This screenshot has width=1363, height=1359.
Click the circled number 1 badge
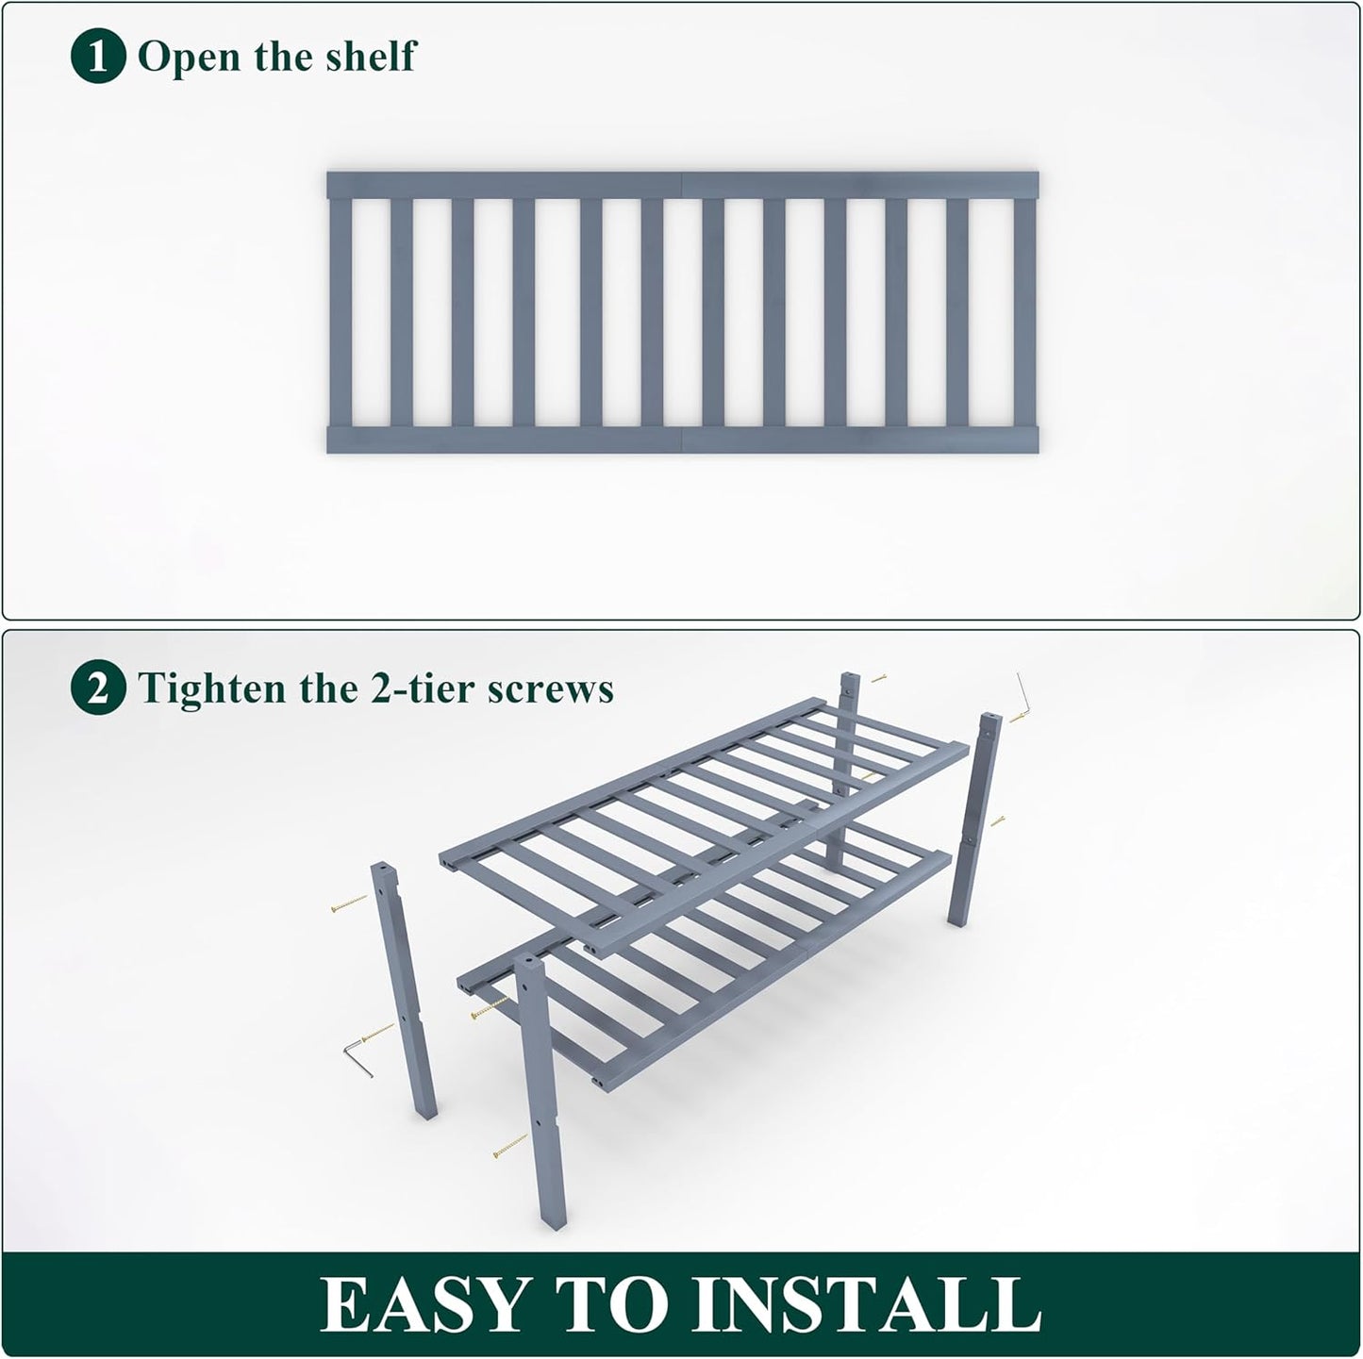97,58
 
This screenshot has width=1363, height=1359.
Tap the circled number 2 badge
97,689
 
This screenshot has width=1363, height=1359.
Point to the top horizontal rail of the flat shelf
682,185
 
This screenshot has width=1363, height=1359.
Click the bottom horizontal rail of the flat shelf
682,439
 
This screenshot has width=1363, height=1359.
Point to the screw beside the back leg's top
878,677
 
